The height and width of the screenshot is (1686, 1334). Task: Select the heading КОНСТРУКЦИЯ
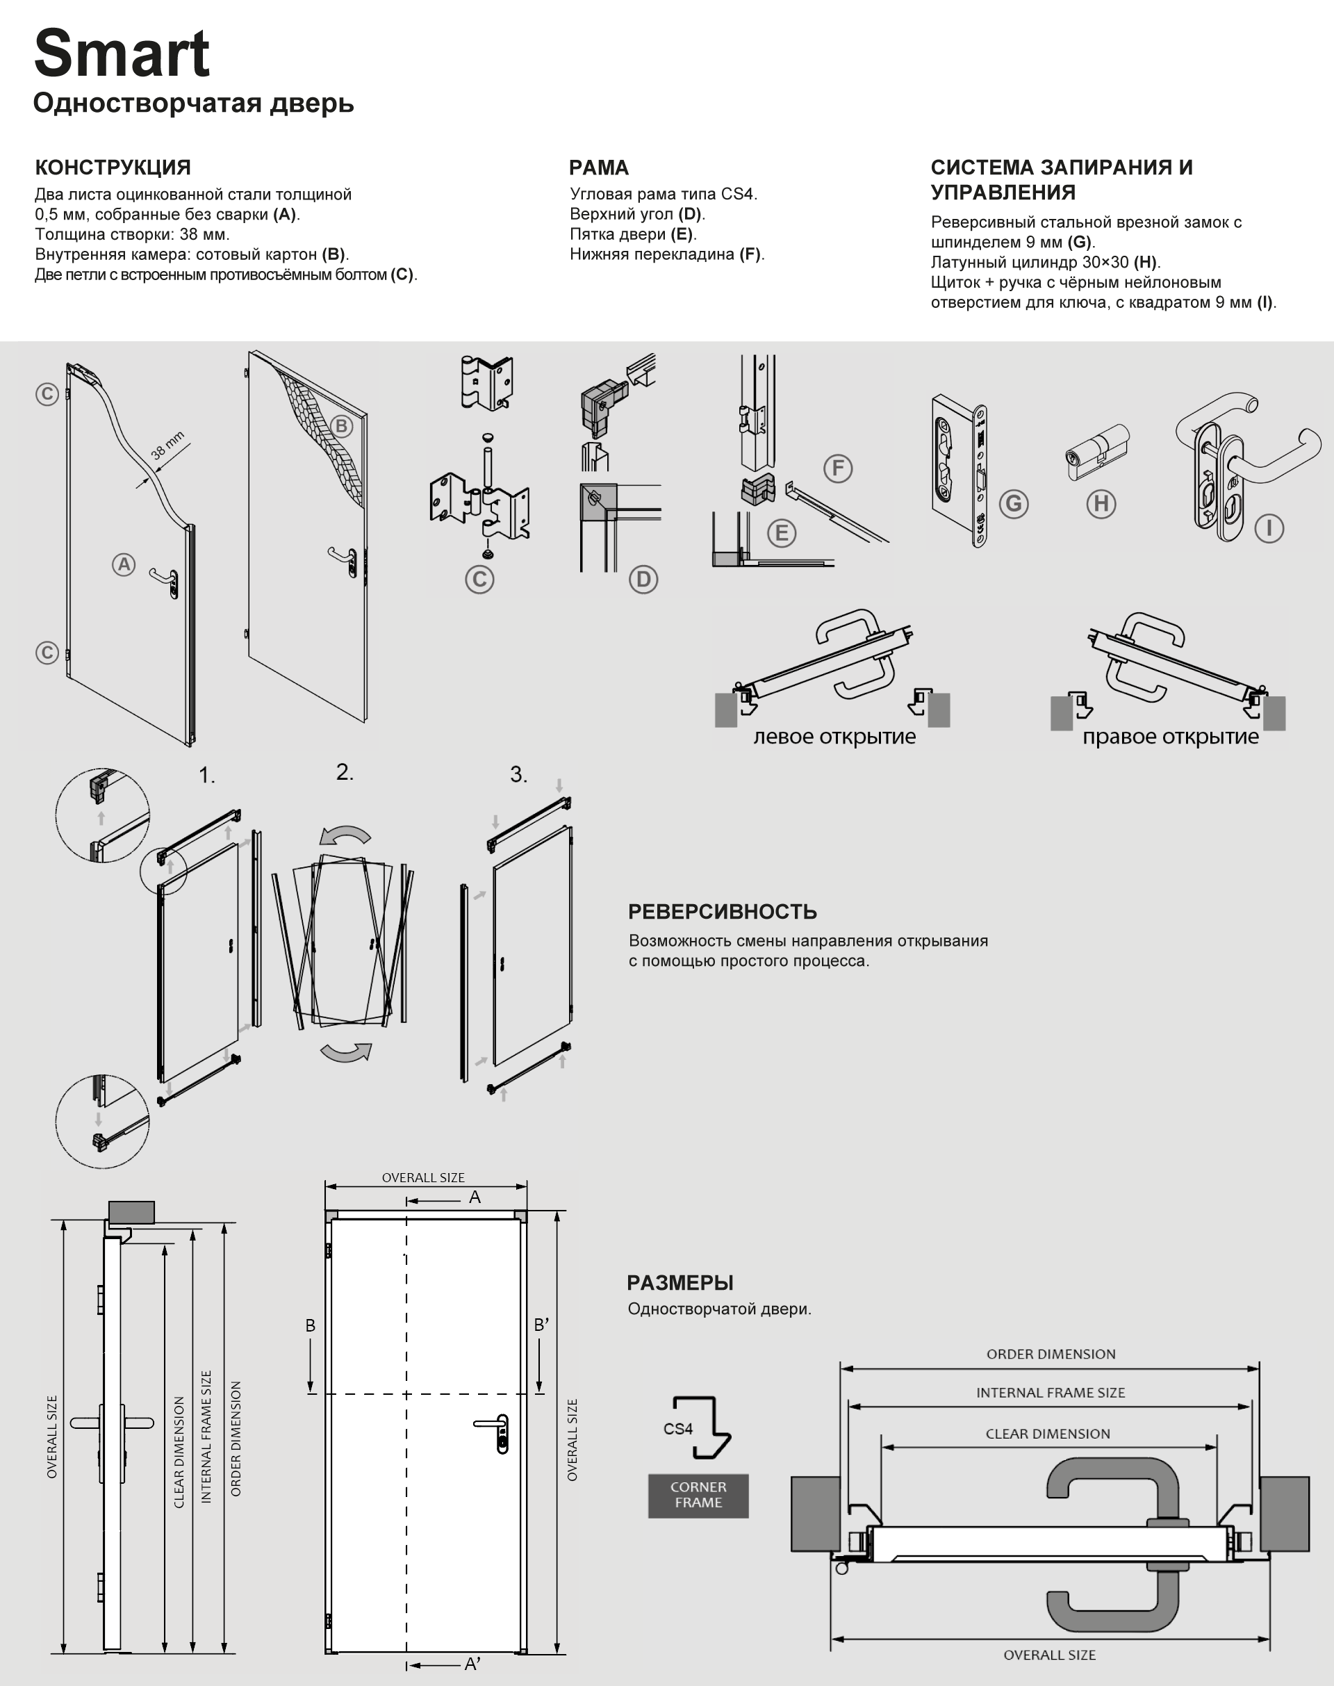pyautogui.click(x=113, y=167)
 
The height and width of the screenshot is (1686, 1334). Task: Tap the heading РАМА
pyautogui.click(x=598, y=167)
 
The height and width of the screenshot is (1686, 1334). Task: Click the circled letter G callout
pyautogui.click(x=1014, y=503)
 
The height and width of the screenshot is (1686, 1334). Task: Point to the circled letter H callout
pyautogui.click(x=1101, y=503)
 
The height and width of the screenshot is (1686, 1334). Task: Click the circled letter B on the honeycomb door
pyautogui.click(x=341, y=426)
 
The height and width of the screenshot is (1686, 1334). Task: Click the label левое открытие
pyautogui.click(x=834, y=737)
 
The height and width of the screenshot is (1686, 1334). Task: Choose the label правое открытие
pyautogui.click(x=1170, y=737)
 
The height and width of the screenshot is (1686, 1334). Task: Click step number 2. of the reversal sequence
pyautogui.click(x=345, y=772)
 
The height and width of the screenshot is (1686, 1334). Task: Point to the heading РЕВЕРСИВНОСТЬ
pyautogui.click(x=723, y=912)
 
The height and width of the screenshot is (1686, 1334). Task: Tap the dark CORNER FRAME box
pyautogui.click(x=698, y=1496)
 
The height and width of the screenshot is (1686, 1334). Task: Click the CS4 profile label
pyautogui.click(x=678, y=1429)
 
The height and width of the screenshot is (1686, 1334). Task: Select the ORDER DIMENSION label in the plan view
pyautogui.click(x=1051, y=1354)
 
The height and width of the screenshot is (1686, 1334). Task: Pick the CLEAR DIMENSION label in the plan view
pyautogui.click(x=1047, y=1434)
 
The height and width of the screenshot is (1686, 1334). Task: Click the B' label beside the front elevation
pyautogui.click(x=541, y=1325)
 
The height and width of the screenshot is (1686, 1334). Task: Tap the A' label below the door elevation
pyautogui.click(x=472, y=1664)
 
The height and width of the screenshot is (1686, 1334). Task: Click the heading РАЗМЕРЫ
pyautogui.click(x=680, y=1283)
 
